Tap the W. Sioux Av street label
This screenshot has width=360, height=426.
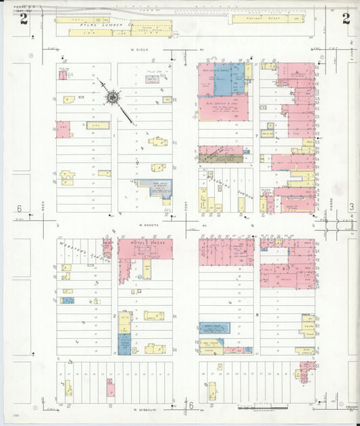pos(139,49)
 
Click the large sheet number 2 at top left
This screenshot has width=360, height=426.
pos(24,18)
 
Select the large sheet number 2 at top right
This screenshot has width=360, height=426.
pos(346,18)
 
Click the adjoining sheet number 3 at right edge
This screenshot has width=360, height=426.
pos(351,207)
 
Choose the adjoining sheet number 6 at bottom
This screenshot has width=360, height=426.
pos(191,406)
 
